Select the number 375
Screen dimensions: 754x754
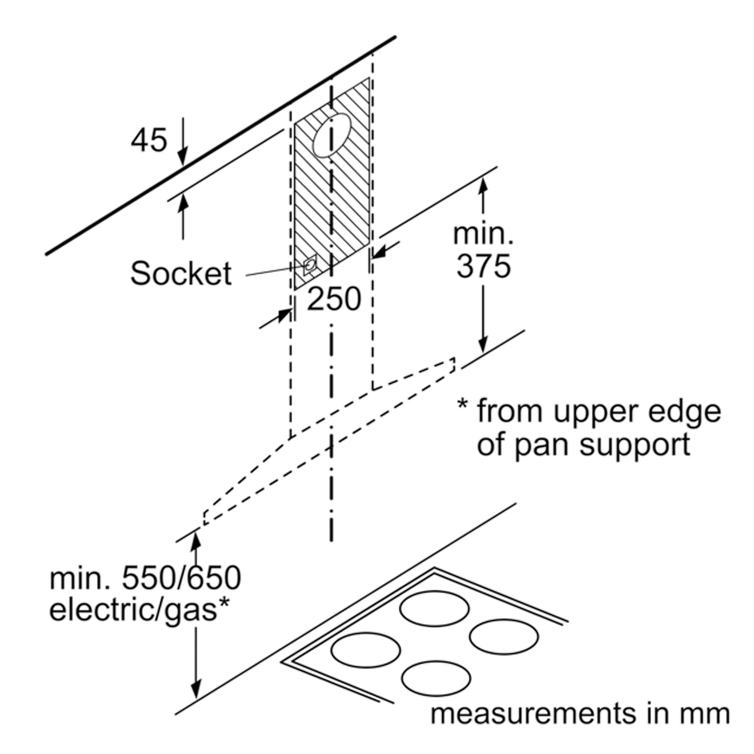(484, 266)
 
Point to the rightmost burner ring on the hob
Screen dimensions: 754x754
(504, 636)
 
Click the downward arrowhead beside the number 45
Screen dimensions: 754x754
(182, 158)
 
